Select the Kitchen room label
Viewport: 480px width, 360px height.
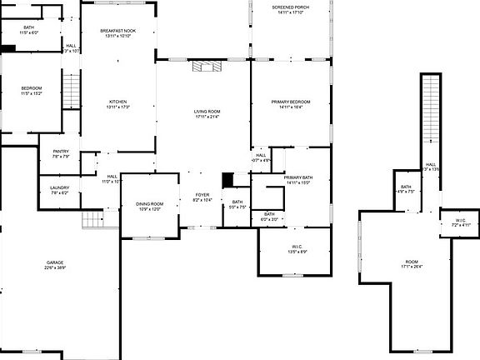coord(117,104)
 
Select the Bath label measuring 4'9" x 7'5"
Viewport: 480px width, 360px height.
coord(406,189)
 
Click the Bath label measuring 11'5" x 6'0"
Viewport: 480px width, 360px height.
coord(28,30)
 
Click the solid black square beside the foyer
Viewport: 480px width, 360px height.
coord(227,179)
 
